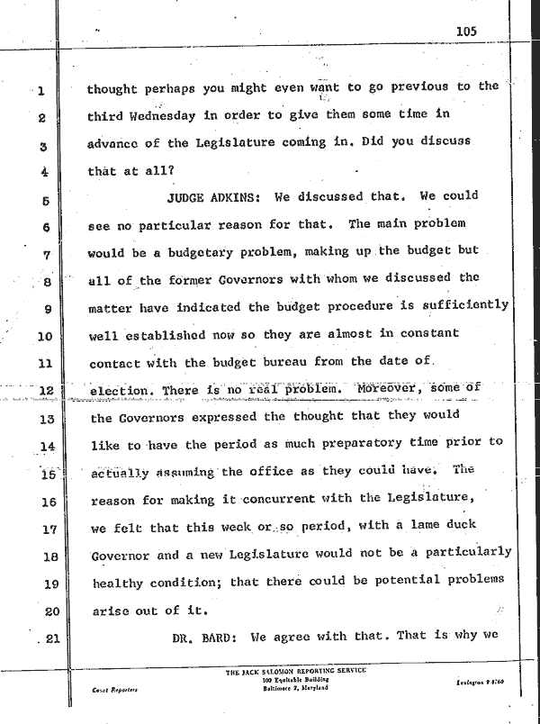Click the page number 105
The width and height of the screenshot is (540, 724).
pos(465,31)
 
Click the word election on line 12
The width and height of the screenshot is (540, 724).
pos(122,391)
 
